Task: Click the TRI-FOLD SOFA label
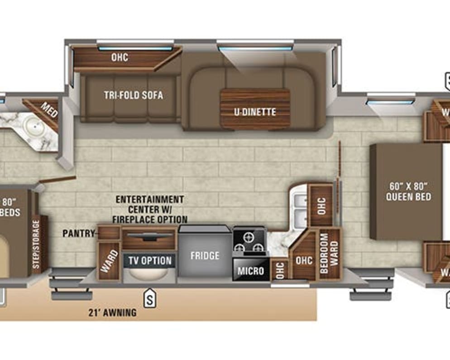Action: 133,96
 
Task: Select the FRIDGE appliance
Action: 205,255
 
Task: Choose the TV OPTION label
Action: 150,260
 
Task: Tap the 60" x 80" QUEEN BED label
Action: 409,192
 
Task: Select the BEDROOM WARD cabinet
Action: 330,254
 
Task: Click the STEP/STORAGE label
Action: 37,245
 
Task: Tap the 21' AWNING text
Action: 113,312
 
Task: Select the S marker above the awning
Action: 148,298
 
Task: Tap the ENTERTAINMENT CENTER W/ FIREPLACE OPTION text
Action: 149,209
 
